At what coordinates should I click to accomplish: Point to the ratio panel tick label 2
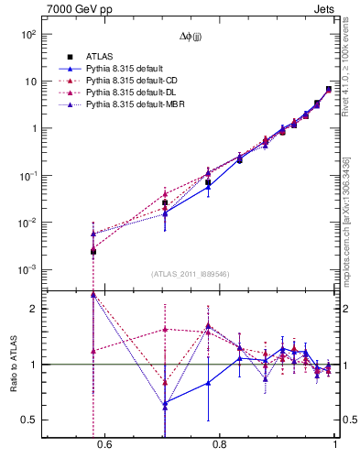click(33, 309)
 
